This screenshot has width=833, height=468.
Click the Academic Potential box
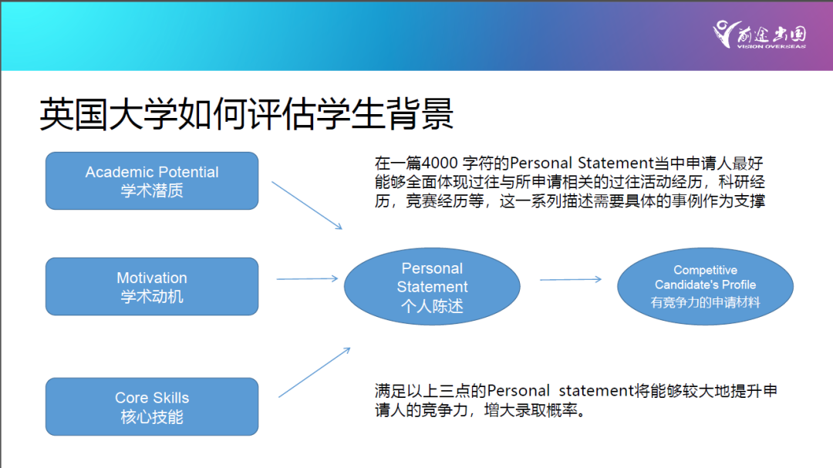(x=152, y=181)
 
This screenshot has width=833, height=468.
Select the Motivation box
(x=152, y=286)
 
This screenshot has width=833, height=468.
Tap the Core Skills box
(x=152, y=406)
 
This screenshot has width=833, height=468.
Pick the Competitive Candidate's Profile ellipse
(x=705, y=286)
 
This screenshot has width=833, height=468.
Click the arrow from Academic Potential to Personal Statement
(x=306, y=205)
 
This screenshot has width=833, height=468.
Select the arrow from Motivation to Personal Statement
(x=307, y=278)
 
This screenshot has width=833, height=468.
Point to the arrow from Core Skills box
(x=314, y=372)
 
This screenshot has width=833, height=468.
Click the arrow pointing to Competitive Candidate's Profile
(x=570, y=279)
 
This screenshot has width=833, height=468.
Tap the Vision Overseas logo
(x=760, y=35)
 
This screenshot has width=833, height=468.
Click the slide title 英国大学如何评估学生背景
(x=246, y=116)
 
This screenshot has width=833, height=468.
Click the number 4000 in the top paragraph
(x=443, y=163)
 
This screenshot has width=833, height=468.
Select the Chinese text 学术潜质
(x=152, y=190)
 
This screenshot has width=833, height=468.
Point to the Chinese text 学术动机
(x=152, y=296)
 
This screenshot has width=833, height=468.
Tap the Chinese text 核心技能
(x=152, y=417)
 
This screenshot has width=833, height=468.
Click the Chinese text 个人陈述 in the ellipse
(x=432, y=306)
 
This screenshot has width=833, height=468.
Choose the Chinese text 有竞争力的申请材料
(x=705, y=302)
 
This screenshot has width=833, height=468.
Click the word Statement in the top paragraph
(x=605, y=163)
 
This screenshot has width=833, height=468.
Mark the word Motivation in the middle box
(x=152, y=278)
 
